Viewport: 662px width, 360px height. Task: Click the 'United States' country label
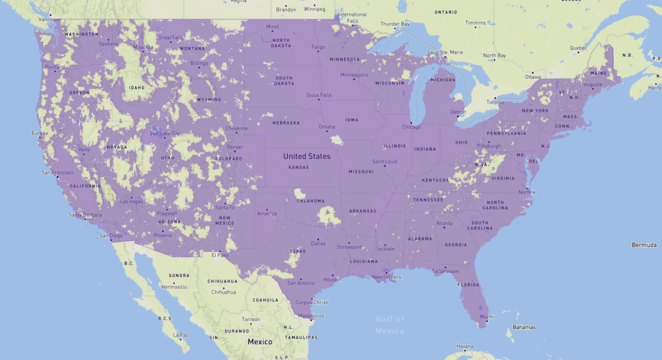pos(307,156)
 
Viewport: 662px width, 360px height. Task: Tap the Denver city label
pos(235,147)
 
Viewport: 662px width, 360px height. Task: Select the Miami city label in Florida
pos(487,317)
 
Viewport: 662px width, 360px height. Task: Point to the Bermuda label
pos(644,246)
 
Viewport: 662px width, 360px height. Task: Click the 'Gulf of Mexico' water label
pos(389,325)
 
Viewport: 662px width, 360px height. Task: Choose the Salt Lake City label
pos(165,133)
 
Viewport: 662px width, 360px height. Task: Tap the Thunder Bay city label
pos(394,24)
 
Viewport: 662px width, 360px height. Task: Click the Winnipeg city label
pos(314,10)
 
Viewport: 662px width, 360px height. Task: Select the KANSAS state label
pos(298,167)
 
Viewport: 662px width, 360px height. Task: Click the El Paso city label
pos(219,255)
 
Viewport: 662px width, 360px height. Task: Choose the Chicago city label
pos(411,127)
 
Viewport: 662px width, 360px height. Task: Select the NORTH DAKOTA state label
pos(281,42)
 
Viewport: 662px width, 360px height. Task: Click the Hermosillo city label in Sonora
pos(174,287)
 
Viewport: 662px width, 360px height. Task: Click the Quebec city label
pos(578,48)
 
